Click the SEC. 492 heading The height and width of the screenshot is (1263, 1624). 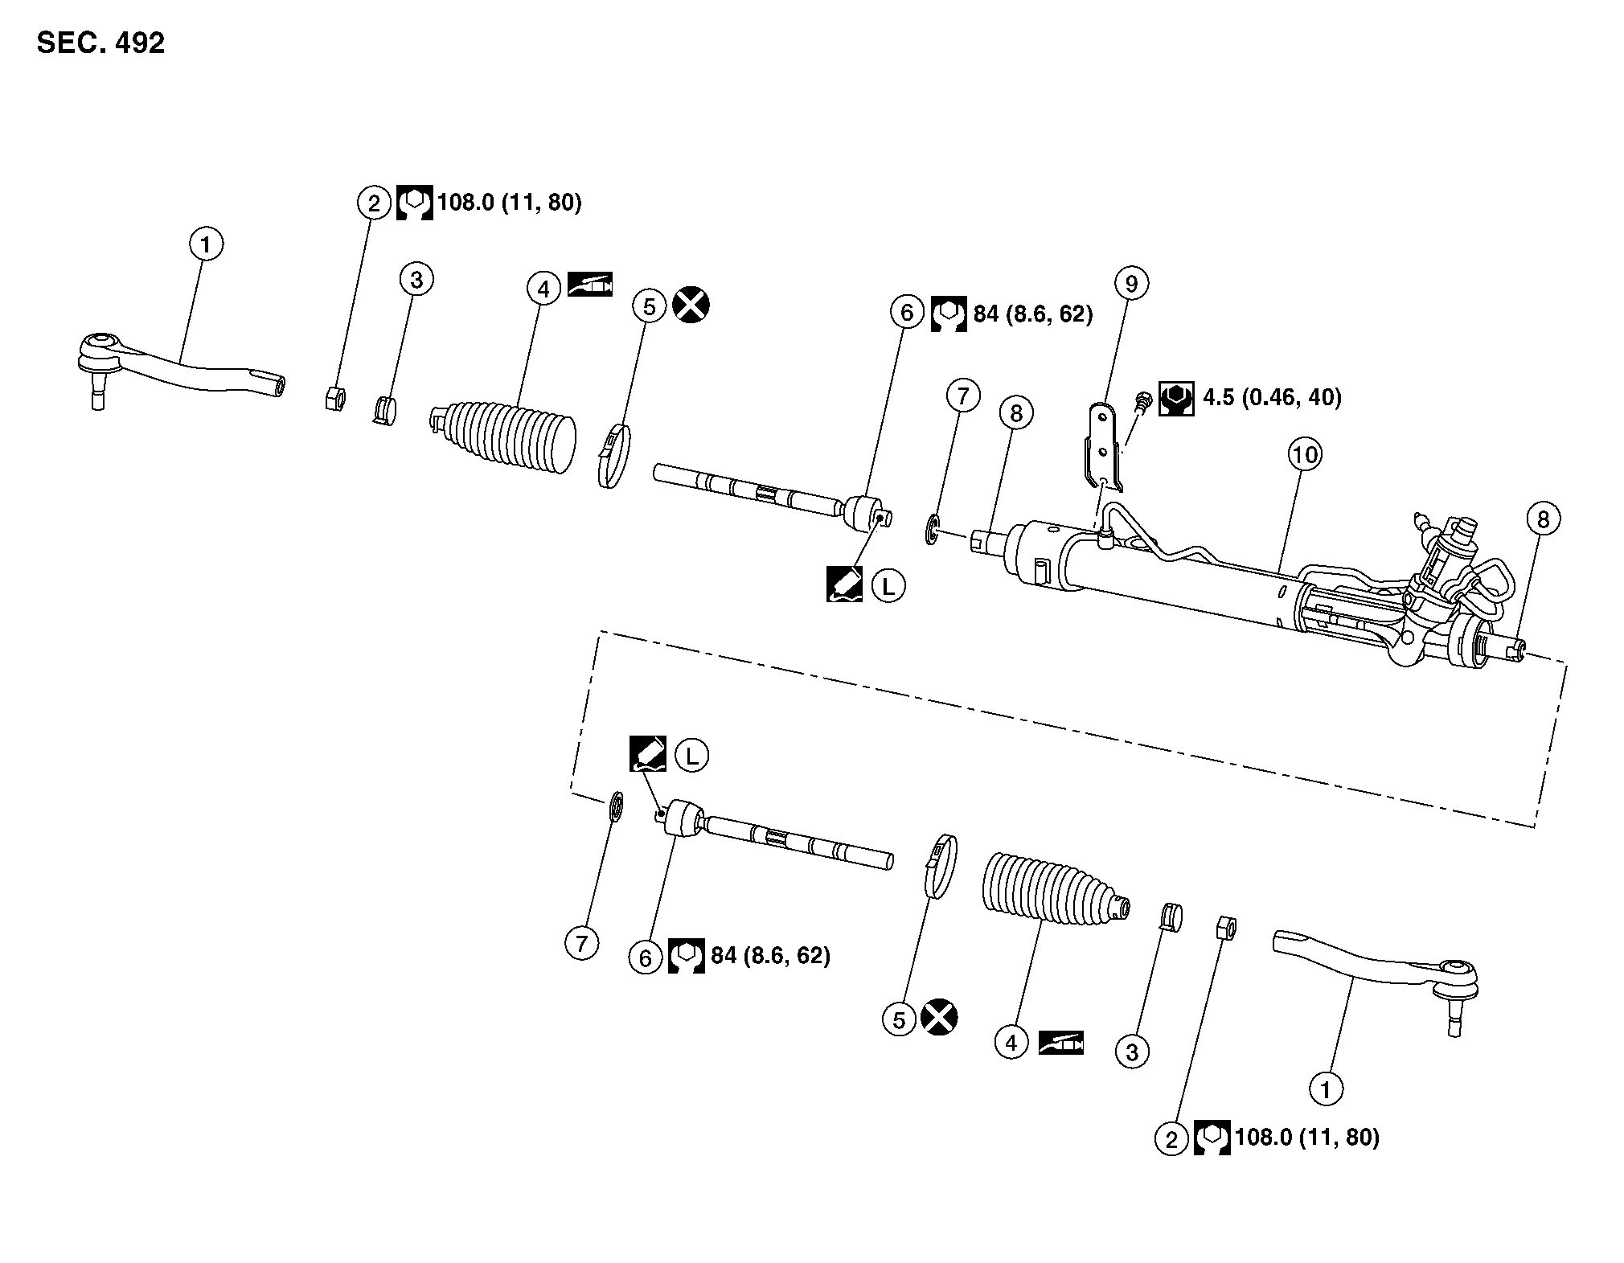point(100,43)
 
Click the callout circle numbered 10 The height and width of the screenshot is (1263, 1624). point(1304,455)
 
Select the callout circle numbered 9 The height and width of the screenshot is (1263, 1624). point(1131,283)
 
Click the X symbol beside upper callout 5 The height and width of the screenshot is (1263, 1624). point(691,305)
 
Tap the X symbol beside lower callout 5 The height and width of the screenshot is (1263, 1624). point(939,1019)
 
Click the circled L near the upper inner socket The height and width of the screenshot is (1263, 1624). point(888,586)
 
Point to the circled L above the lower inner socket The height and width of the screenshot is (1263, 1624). point(691,756)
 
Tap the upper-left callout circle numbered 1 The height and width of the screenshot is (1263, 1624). point(206,244)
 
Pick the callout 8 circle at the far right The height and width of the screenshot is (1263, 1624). point(1542,519)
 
